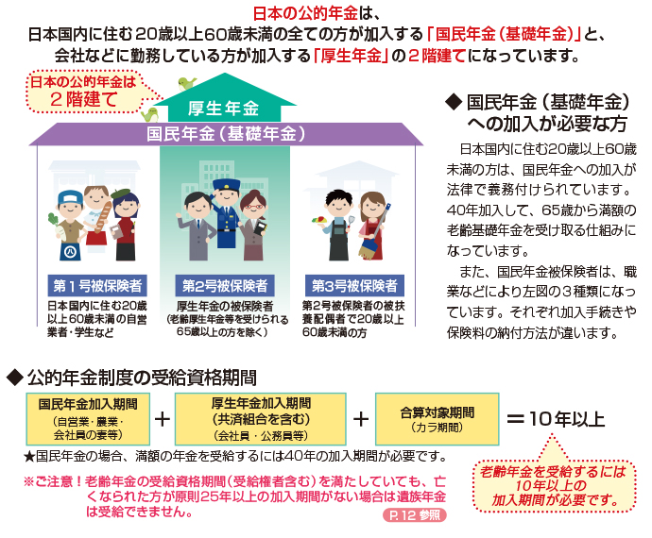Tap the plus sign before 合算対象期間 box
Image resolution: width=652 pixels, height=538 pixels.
click(x=360, y=417)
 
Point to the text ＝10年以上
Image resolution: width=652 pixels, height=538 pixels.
click(x=556, y=418)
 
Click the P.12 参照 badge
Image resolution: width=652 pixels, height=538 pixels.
click(x=412, y=516)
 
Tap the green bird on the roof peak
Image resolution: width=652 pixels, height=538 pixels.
click(x=187, y=82)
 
